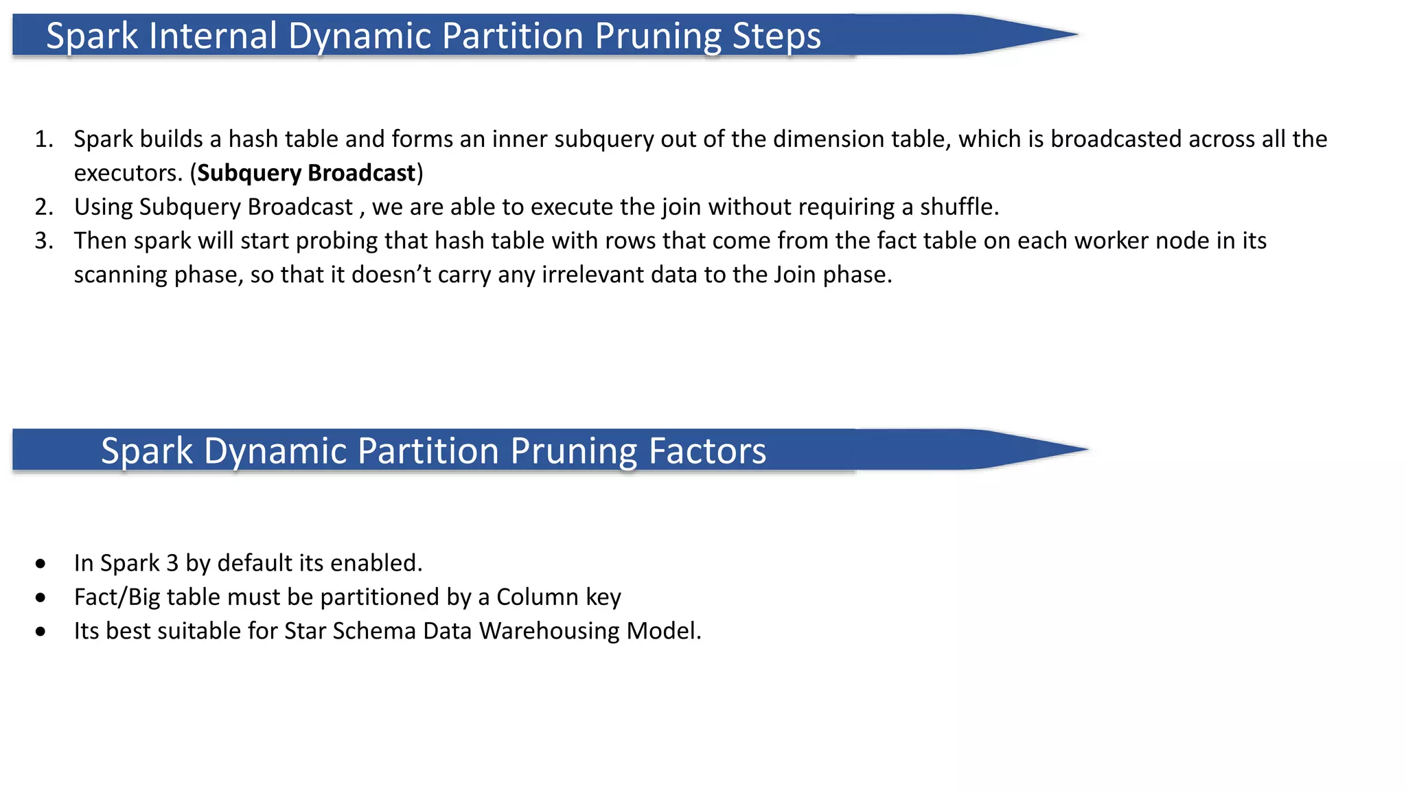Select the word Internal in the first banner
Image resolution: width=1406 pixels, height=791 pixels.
click(x=213, y=36)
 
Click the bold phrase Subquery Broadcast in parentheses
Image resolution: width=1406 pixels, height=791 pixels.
click(x=306, y=173)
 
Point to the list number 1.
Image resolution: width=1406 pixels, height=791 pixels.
click(x=44, y=139)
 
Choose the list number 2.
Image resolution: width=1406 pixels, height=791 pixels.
click(x=44, y=207)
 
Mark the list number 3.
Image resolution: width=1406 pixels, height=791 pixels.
click(x=44, y=241)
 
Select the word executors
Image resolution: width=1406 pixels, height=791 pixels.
click(x=128, y=173)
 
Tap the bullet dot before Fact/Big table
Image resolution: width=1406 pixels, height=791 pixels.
click(x=41, y=598)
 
